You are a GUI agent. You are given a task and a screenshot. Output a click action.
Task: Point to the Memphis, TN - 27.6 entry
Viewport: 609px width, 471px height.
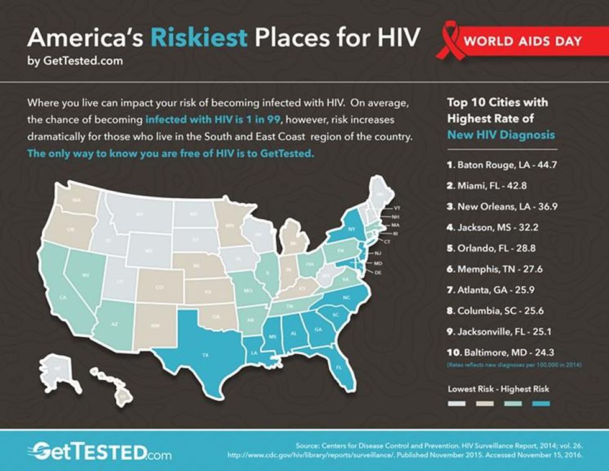click(x=491, y=270)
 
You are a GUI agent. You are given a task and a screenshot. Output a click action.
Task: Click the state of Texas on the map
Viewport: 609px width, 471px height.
click(x=204, y=354)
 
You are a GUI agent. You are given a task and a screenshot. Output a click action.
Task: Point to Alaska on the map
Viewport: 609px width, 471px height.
click(x=59, y=368)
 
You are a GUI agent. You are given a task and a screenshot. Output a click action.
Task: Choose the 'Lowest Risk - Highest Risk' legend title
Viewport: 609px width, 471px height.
click(x=498, y=390)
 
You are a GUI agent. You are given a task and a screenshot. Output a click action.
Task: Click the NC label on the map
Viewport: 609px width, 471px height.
click(x=347, y=298)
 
